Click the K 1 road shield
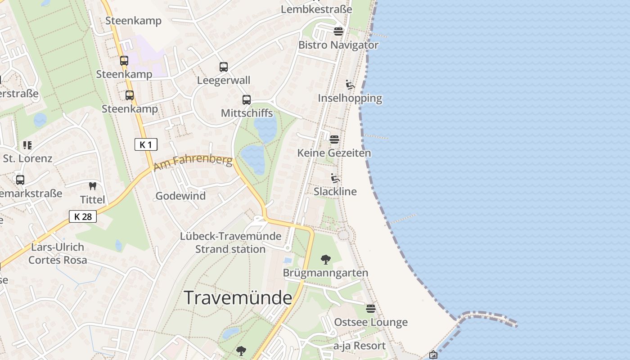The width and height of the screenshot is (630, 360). point(146,144)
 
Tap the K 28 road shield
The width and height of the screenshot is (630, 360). point(83,216)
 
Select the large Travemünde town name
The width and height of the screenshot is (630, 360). point(238,298)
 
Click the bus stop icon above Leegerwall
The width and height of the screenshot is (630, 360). point(224,67)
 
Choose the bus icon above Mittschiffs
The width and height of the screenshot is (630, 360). point(247,100)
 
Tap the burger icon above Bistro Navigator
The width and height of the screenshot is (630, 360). point(338,31)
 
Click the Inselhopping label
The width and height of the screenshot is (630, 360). point(350,98)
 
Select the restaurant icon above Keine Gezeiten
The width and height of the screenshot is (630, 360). point(334,139)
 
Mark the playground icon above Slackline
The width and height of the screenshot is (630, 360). point(335,178)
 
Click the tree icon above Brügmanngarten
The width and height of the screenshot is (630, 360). point(325,259)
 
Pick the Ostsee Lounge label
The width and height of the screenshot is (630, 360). point(371,322)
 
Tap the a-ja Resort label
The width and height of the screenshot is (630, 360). point(360,346)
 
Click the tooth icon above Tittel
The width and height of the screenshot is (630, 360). point(93,186)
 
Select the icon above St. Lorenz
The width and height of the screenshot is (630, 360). point(27,145)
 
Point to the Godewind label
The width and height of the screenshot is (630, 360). point(180,196)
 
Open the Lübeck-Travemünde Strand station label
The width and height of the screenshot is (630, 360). point(230,243)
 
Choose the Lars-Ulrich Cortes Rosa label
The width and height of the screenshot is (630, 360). point(58,253)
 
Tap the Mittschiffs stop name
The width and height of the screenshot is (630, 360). point(247,112)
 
